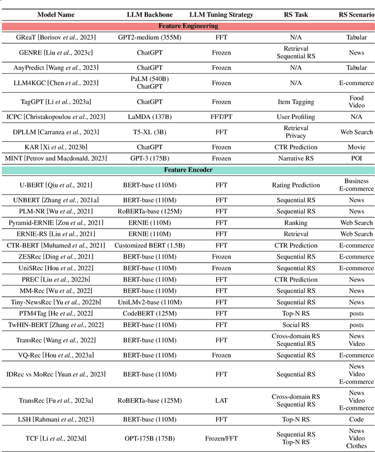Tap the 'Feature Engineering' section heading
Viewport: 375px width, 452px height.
tap(187, 26)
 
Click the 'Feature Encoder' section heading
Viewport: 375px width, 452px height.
tap(187, 170)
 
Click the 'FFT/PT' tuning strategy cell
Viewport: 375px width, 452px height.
tap(221, 117)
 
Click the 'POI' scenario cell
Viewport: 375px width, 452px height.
tap(356, 158)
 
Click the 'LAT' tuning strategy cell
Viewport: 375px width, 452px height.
tap(221, 400)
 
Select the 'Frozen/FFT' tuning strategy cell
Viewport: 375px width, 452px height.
tap(221, 438)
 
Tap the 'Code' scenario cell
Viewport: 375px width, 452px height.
tap(356, 419)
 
